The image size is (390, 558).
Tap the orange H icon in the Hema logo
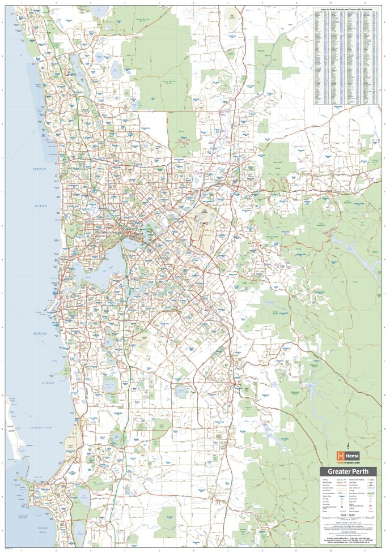pyautogui.click(x=340, y=456)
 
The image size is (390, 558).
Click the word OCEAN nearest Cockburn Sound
pyautogui.click(x=48, y=383)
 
